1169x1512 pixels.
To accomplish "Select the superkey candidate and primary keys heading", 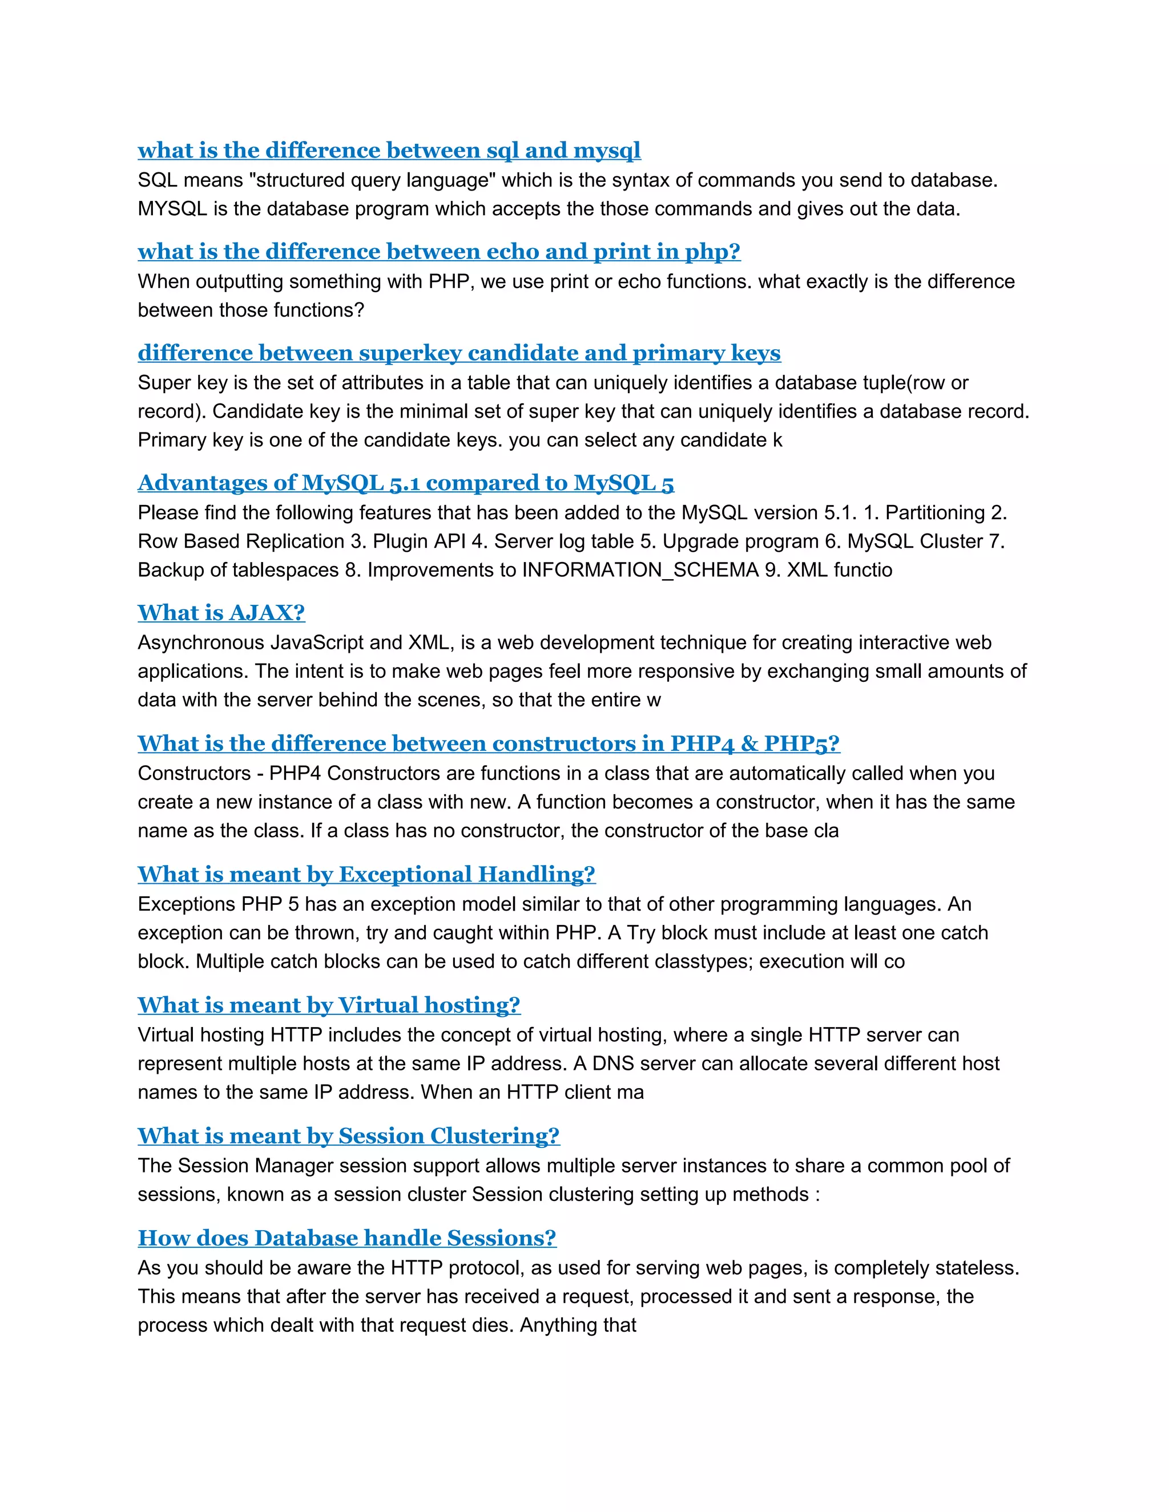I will click(458, 353).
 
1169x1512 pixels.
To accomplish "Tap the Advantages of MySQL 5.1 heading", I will click(405, 483).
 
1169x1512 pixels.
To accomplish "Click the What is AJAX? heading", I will click(221, 613).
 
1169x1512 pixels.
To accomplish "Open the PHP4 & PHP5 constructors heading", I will click(488, 743).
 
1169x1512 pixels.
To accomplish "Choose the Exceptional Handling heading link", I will click(366, 874).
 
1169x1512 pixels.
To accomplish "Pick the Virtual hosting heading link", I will click(328, 1005).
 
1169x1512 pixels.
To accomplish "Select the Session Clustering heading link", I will click(348, 1136).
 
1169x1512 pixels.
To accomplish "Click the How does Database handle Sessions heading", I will click(346, 1238).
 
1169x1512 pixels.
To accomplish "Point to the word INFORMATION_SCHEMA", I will click(640, 570).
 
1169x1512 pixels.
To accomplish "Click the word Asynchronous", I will click(201, 642).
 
